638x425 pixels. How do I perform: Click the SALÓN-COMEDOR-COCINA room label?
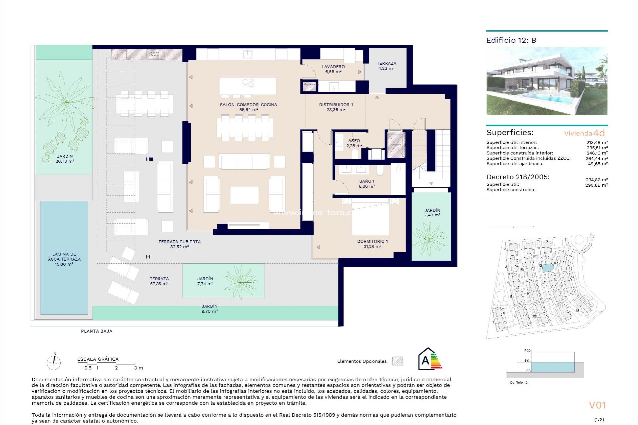(248, 107)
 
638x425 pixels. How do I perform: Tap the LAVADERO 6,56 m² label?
(333, 69)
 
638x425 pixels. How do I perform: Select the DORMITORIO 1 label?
(372, 244)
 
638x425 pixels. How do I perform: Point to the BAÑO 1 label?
(367, 184)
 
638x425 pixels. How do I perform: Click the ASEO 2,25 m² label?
(354, 143)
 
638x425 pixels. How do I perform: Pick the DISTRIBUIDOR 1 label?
(336, 107)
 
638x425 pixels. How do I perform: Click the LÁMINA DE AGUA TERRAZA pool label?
(64, 259)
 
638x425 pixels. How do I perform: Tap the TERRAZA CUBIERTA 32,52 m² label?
(179, 244)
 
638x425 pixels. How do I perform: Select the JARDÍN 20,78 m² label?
(65, 158)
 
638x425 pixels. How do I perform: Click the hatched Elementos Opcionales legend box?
(397, 361)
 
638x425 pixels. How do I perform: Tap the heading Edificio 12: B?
(511, 40)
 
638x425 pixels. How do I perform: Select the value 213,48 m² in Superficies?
(597, 142)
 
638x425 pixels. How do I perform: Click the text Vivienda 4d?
(584, 133)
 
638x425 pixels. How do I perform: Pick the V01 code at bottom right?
(597, 405)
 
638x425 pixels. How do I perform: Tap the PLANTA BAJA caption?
(97, 331)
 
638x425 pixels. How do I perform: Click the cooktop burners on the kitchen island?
(248, 82)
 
